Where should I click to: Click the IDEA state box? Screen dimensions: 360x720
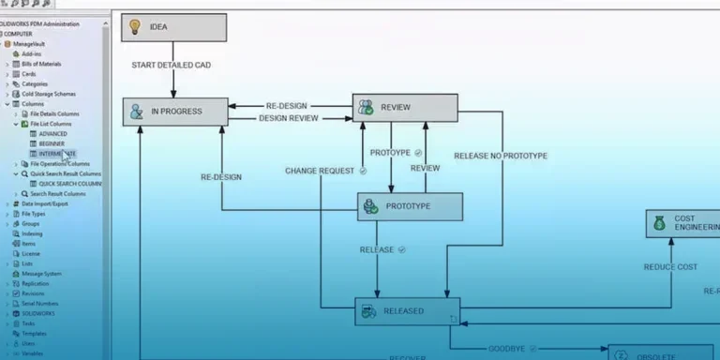[174, 27]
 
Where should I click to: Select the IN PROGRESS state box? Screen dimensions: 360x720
[175, 112]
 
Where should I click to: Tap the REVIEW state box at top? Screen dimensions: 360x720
[405, 108]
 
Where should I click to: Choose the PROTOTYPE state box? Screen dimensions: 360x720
[410, 207]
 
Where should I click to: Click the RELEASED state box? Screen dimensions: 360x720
[407, 311]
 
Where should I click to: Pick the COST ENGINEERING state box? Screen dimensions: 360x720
[683, 223]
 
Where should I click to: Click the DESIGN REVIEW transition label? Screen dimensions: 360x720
[288, 118]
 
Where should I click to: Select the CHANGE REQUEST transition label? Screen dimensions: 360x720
[320, 171]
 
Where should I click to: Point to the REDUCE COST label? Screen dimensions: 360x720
[670, 267]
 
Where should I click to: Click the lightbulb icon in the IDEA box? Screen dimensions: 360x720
[135, 26]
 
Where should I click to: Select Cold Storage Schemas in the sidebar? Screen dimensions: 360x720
[50, 94]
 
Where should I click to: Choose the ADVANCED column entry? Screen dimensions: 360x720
[52, 133]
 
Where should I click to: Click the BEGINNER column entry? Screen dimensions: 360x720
[52, 143]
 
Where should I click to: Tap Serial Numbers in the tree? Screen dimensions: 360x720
[40, 304]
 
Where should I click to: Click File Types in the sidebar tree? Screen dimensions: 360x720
[34, 214]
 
